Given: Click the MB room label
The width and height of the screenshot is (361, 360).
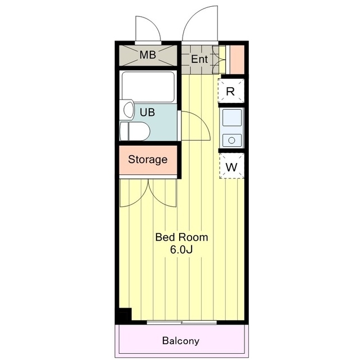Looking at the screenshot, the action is click(x=148, y=55).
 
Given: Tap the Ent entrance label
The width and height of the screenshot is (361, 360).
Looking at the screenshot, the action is click(x=199, y=59).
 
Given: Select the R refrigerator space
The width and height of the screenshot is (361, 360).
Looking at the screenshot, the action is click(x=231, y=91).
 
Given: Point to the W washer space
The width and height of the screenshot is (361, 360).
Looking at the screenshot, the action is click(x=231, y=166).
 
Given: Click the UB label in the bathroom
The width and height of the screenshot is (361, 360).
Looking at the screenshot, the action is click(x=148, y=112).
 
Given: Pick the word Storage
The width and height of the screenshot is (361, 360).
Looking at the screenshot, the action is click(x=148, y=160).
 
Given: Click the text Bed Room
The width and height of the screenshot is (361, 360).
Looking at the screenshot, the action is click(x=182, y=237).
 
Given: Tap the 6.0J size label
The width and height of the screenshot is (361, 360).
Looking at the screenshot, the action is click(x=181, y=249).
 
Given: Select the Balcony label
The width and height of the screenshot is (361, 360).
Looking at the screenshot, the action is click(x=181, y=341).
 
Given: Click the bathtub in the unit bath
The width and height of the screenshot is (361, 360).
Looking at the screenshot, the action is click(x=148, y=87).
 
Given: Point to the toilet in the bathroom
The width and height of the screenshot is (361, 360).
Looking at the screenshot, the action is click(x=135, y=131).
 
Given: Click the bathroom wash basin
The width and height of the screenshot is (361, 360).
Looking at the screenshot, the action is click(x=128, y=110).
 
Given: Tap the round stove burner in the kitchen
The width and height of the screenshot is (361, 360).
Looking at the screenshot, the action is click(x=232, y=140).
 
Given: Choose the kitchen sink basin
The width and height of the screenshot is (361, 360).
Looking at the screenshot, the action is click(x=232, y=117).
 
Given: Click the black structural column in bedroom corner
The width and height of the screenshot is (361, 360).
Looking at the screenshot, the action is click(x=124, y=315).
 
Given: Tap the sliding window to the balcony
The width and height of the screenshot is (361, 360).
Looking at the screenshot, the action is click(x=182, y=322).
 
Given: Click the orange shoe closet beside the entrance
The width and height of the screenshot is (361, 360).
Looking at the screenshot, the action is click(x=237, y=60).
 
